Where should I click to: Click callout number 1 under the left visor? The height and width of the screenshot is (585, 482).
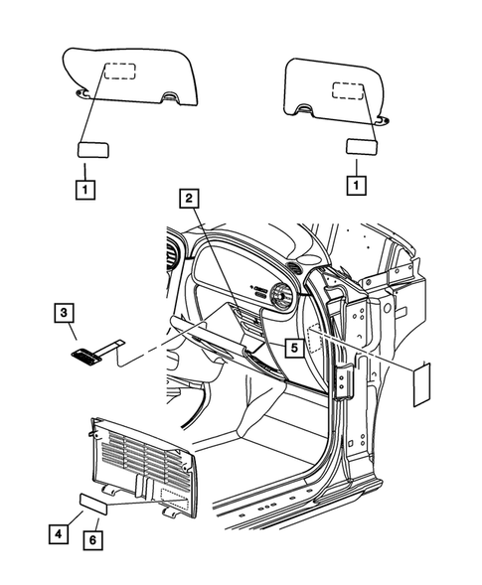(86, 187)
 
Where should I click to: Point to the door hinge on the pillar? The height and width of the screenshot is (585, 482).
(348, 381)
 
